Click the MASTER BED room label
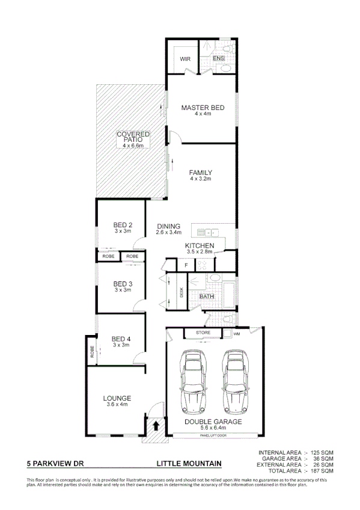pos(203,108)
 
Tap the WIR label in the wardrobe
pos(185,58)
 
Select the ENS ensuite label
pos(219,58)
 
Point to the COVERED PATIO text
pos(133,137)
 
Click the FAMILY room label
pos(201,173)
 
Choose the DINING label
pos(169,226)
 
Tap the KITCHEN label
pos(200,246)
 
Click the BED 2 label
pos(123,226)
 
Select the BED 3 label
pos(123,284)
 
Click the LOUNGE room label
pos(117,398)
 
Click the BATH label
pos(207,296)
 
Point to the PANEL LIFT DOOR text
pos(214,435)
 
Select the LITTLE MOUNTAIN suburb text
pos(189,464)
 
